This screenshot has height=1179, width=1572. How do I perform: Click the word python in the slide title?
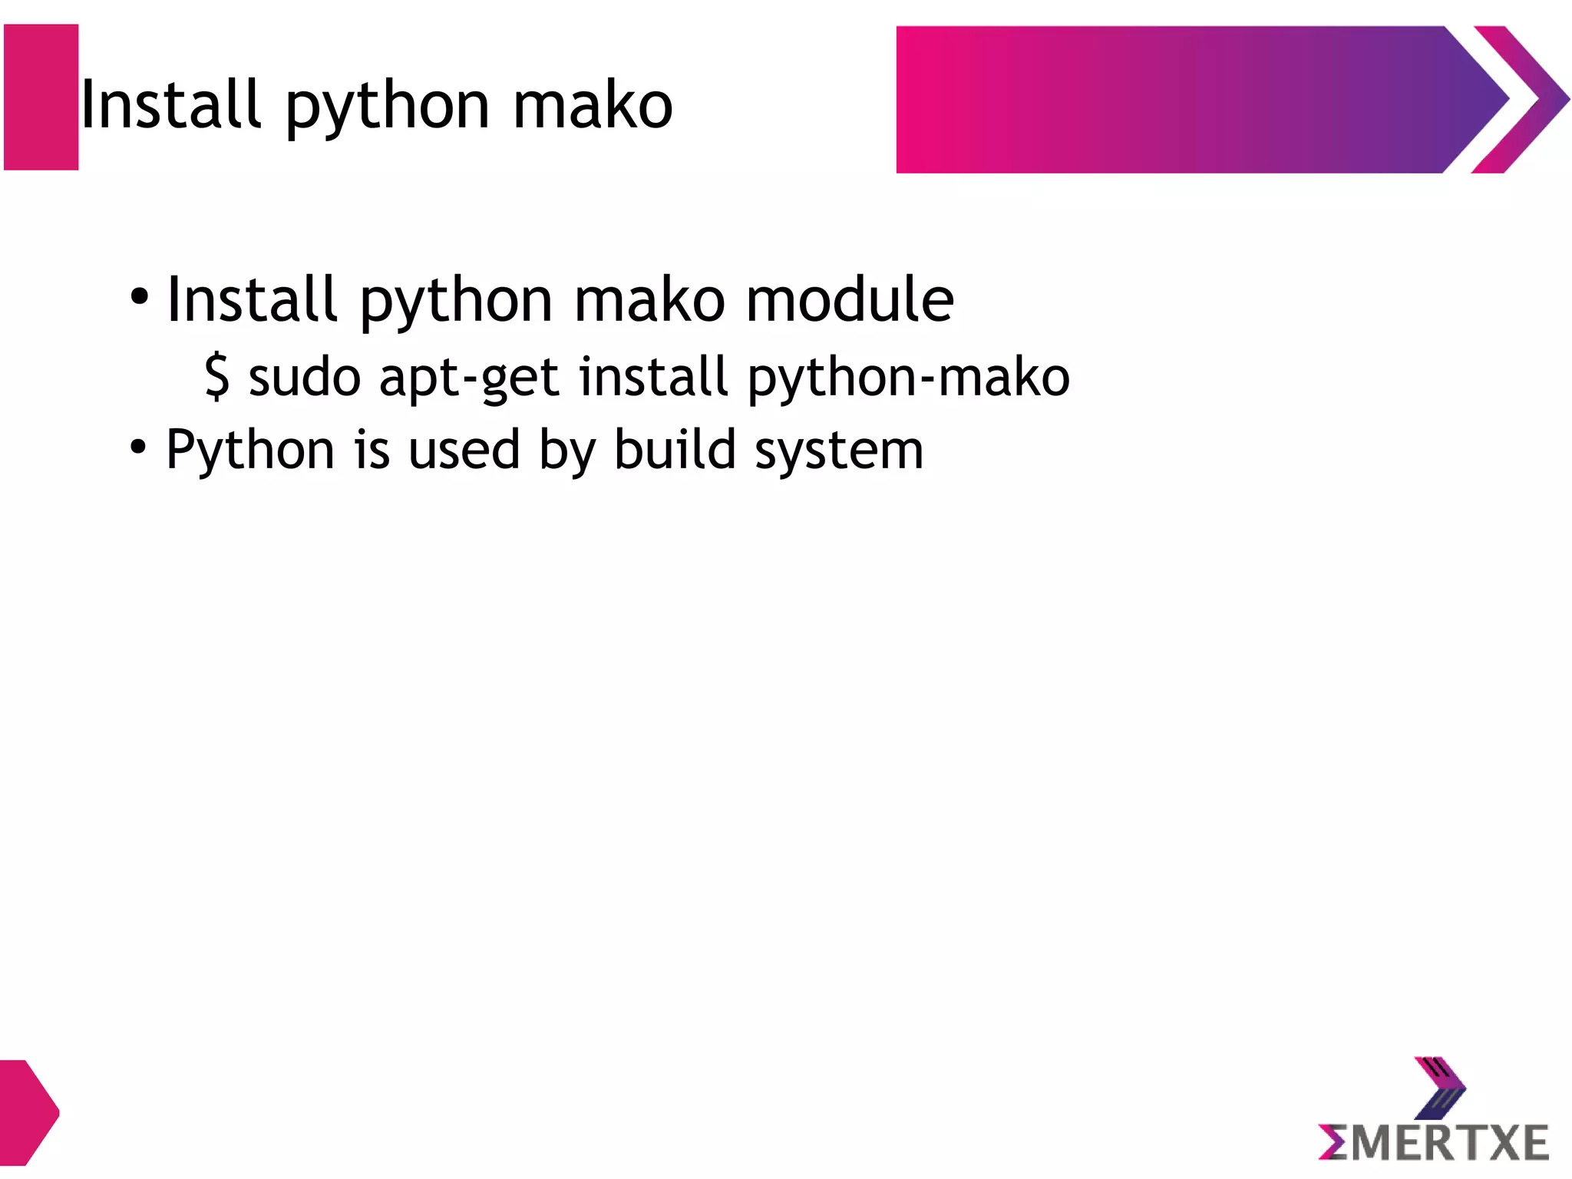pos(388,107)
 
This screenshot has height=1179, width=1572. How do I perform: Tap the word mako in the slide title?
pos(593,106)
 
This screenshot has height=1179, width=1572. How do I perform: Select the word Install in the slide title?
pos(170,104)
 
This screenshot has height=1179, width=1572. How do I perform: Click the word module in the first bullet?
pos(850,299)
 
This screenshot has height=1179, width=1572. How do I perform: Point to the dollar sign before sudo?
pos(217,376)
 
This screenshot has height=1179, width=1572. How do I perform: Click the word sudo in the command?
pos(305,378)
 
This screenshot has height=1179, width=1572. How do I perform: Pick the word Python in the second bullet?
pos(250,451)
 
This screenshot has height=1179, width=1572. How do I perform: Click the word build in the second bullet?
pos(675,449)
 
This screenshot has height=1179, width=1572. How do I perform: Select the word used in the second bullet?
pos(464,451)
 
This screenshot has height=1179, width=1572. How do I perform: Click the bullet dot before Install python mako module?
pos(139,296)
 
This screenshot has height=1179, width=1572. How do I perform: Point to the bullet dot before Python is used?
pos(138,446)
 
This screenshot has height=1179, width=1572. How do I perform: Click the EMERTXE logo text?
pos(1433,1143)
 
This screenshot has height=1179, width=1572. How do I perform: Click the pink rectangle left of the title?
pos(41,97)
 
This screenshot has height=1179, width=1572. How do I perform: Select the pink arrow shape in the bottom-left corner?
pos(27,1111)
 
